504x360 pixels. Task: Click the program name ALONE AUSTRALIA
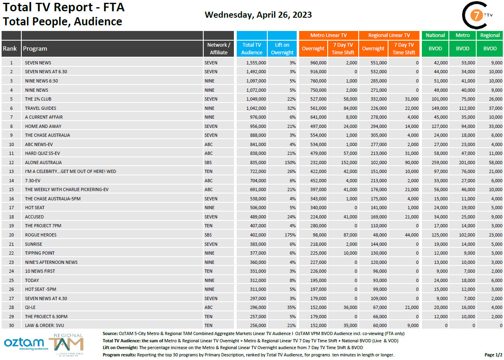[x=43, y=163]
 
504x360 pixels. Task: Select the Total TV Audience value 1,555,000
[x=253, y=63]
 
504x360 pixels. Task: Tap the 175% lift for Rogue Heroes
[x=290, y=235]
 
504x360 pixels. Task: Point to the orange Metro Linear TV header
[x=328, y=35]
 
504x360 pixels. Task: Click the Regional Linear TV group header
[x=389, y=35]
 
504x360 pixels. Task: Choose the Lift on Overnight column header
[x=282, y=49]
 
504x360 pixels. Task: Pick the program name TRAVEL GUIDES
[x=41, y=108]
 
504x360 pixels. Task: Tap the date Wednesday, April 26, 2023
[x=258, y=15]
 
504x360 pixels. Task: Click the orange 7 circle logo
[x=476, y=16]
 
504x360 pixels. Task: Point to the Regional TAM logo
[x=66, y=344]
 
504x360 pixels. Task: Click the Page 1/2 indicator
[x=493, y=355]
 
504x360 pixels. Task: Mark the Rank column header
[x=10, y=49]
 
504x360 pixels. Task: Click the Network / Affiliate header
[x=219, y=49]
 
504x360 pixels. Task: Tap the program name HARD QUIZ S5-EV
[x=42, y=153]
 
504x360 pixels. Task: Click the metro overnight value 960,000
[x=318, y=63]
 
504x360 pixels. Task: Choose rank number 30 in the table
[x=12, y=325]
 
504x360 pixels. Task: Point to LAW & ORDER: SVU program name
[x=43, y=325]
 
